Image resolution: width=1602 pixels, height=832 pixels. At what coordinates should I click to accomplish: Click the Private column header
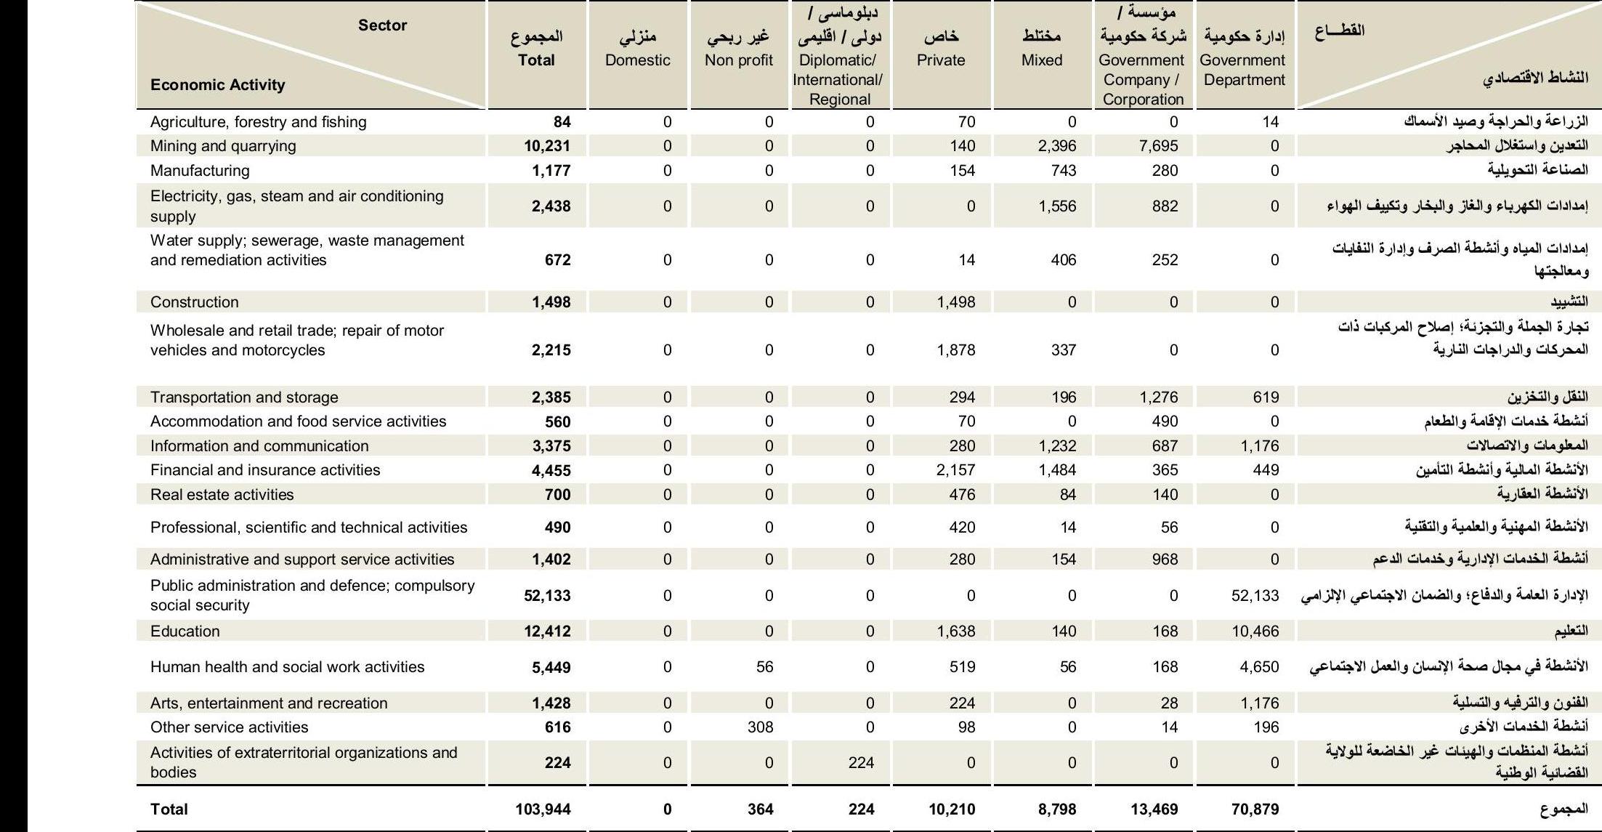[x=941, y=60]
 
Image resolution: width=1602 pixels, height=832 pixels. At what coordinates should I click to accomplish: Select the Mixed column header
[x=1042, y=60]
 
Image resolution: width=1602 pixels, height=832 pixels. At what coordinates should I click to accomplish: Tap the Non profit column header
[x=739, y=60]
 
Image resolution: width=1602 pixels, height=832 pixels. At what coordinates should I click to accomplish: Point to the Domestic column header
[x=638, y=60]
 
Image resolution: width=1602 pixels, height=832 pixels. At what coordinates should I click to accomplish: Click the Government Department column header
[x=1243, y=70]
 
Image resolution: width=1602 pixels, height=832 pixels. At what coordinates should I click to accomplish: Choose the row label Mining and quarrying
[x=223, y=146]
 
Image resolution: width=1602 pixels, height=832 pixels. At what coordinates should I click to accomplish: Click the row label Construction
[x=194, y=302]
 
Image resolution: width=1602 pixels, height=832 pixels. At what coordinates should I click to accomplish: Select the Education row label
[x=185, y=631]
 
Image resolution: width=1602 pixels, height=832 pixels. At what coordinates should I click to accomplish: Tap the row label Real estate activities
[x=222, y=495]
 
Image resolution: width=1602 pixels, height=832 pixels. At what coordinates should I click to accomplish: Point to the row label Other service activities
[x=229, y=727]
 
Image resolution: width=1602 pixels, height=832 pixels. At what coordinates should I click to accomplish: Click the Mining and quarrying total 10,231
[x=547, y=146]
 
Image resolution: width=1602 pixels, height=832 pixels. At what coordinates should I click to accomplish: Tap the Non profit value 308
[x=761, y=727]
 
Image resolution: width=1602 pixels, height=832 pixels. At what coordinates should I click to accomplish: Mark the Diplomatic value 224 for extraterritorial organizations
[x=862, y=763]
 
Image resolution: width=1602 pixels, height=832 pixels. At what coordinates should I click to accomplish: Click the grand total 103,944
[x=543, y=809]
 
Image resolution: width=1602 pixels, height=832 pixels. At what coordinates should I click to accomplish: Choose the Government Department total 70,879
[x=1255, y=809]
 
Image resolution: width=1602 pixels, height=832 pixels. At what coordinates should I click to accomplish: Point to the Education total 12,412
[x=547, y=631]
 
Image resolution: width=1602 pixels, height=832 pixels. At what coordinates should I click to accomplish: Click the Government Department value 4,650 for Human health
[x=1259, y=667]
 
